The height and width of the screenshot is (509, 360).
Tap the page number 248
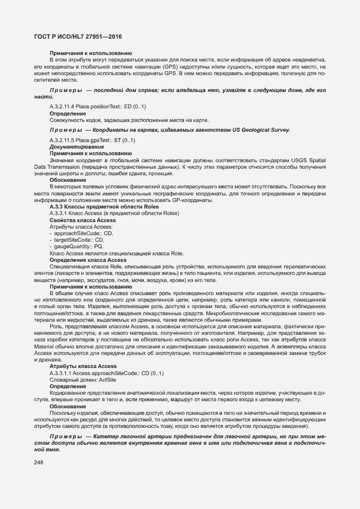coord(39,462)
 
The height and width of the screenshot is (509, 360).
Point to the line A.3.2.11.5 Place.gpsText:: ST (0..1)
coord(92,140)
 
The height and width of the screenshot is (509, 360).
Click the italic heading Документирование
coord(77,147)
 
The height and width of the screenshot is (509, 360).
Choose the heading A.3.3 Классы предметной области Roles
coord(104,207)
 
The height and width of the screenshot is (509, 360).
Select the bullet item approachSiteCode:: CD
coord(83,233)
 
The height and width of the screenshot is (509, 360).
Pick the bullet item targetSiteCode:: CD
coord(78,240)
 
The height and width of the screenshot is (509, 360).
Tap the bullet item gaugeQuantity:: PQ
coord(80,246)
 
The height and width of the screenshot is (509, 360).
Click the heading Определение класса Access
coord(88,260)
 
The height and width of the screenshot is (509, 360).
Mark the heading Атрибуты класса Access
coord(83,366)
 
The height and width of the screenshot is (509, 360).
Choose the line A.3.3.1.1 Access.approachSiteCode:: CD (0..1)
coord(106,373)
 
